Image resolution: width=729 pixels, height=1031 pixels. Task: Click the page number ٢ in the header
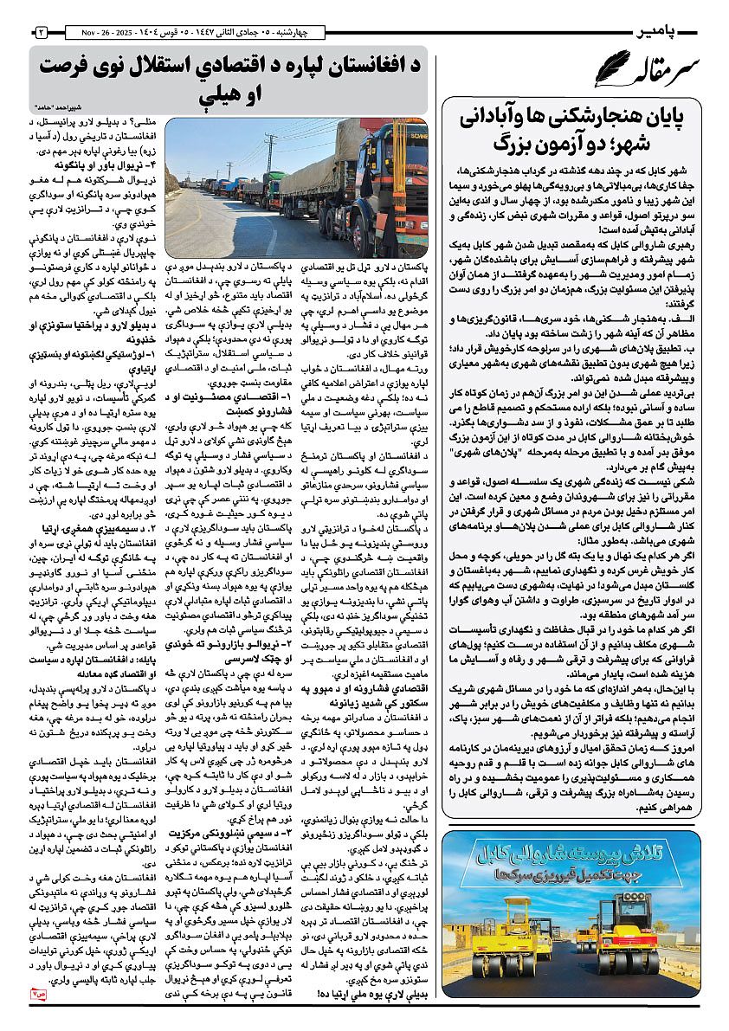tap(41, 32)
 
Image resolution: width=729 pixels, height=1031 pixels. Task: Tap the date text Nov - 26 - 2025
tap(88, 32)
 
